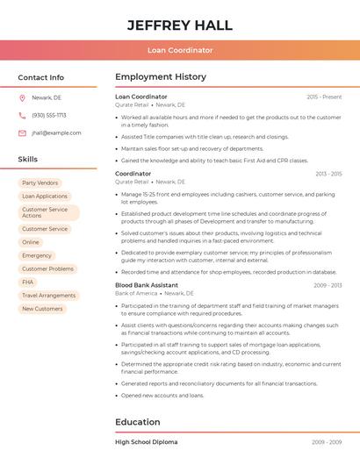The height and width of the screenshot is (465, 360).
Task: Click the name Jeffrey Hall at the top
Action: tap(179, 24)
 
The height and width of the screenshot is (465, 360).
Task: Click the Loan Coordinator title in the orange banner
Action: tap(179, 50)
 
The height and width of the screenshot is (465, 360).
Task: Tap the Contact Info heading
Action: tap(41, 77)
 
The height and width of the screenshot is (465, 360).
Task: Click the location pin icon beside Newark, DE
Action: tap(22, 97)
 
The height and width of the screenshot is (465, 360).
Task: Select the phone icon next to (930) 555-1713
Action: tap(22, 115)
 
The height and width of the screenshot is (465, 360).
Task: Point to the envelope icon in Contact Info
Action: tap(22, 133)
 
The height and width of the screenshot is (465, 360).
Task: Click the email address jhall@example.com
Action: tap(56, 133)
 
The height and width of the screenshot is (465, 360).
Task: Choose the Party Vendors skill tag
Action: tap(40, 182)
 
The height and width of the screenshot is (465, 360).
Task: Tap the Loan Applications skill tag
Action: tap(45, 197)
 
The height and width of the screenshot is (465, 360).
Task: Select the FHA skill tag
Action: tap(28, 283)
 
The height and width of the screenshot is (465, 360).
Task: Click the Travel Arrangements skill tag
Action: tap(49, 296)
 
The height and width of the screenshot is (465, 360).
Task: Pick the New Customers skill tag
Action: tap(42, 309)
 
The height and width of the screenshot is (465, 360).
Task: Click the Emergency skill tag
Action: tap(37, 255)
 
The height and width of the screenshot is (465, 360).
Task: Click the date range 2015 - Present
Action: tap(324, 97)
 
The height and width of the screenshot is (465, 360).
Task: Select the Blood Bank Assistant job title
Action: tap(147, 285)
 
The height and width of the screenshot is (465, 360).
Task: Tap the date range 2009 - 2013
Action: tap(328, 285)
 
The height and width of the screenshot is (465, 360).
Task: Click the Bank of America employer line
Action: tap(149, 293)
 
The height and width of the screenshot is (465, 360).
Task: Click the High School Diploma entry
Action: tap(146, 441)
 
